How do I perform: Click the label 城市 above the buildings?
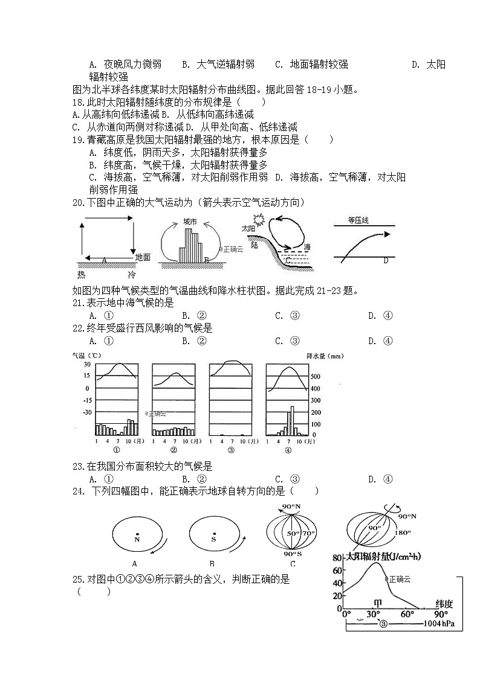tap(190, 222)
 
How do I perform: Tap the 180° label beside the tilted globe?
tap(403, 532)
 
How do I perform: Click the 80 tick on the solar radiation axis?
tap(337, 558)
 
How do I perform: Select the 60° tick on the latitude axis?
tap(407, 614)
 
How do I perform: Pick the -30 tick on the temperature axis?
tap(87, 412)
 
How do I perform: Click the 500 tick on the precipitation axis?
tap(315, 376)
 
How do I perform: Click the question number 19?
tap(77, 139)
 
